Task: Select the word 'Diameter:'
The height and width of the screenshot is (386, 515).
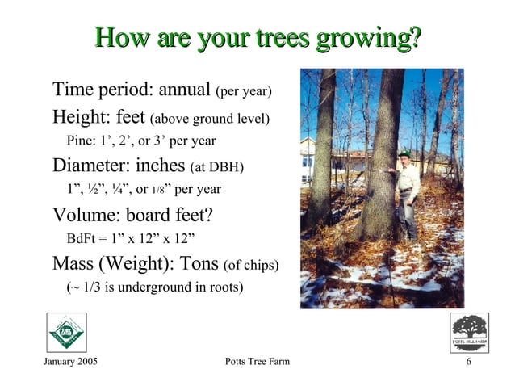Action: [90, 166]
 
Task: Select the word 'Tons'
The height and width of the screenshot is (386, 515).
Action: [199, 264]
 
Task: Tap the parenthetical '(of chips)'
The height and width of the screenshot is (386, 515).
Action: [251, 266]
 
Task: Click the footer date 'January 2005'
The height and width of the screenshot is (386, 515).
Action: [69, 360]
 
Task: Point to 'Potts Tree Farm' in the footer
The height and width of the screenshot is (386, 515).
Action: [256, 360]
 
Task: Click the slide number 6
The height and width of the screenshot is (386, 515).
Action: [468, 360]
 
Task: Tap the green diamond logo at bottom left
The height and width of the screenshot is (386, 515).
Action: [65, 332]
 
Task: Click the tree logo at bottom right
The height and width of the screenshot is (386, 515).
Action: [469, 330]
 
